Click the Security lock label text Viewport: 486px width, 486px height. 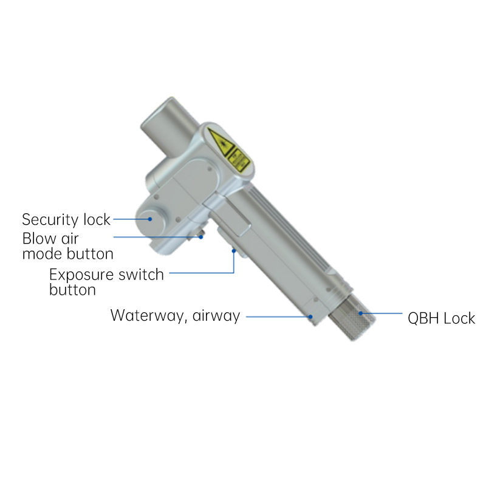pyautogui.click(x=66, y=220)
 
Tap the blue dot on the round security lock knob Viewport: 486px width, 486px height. pyautogui.click(x=150, y=219)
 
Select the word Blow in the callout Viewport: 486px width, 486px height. pyautogui.click(x=39, y=239)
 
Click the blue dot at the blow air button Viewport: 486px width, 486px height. pyautogui.click(x=201, y=237)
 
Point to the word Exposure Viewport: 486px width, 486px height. pyautogui.click(x=81, y=275)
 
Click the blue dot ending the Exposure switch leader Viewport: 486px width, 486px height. pyautogui.click(x=234, y=251)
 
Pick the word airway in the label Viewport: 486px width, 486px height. pyautogui.click(x=216, y=316)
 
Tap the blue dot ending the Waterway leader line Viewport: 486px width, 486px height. pyautogui.click(x=310, y=317)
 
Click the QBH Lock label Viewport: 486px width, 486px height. pyautogui.click(x=442, y=318)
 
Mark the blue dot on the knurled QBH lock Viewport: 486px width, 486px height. pyautogui.click(x=360, y=313)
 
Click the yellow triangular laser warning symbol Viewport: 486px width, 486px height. pyautogui.click(x=221, y=142)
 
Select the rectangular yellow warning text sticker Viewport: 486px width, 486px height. pyautogui.click(x=239, y=160)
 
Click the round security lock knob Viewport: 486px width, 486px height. pyautogui.click(x=150, y=220)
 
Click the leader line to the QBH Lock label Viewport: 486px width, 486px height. pyautogui.click(x=382, y=313)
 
